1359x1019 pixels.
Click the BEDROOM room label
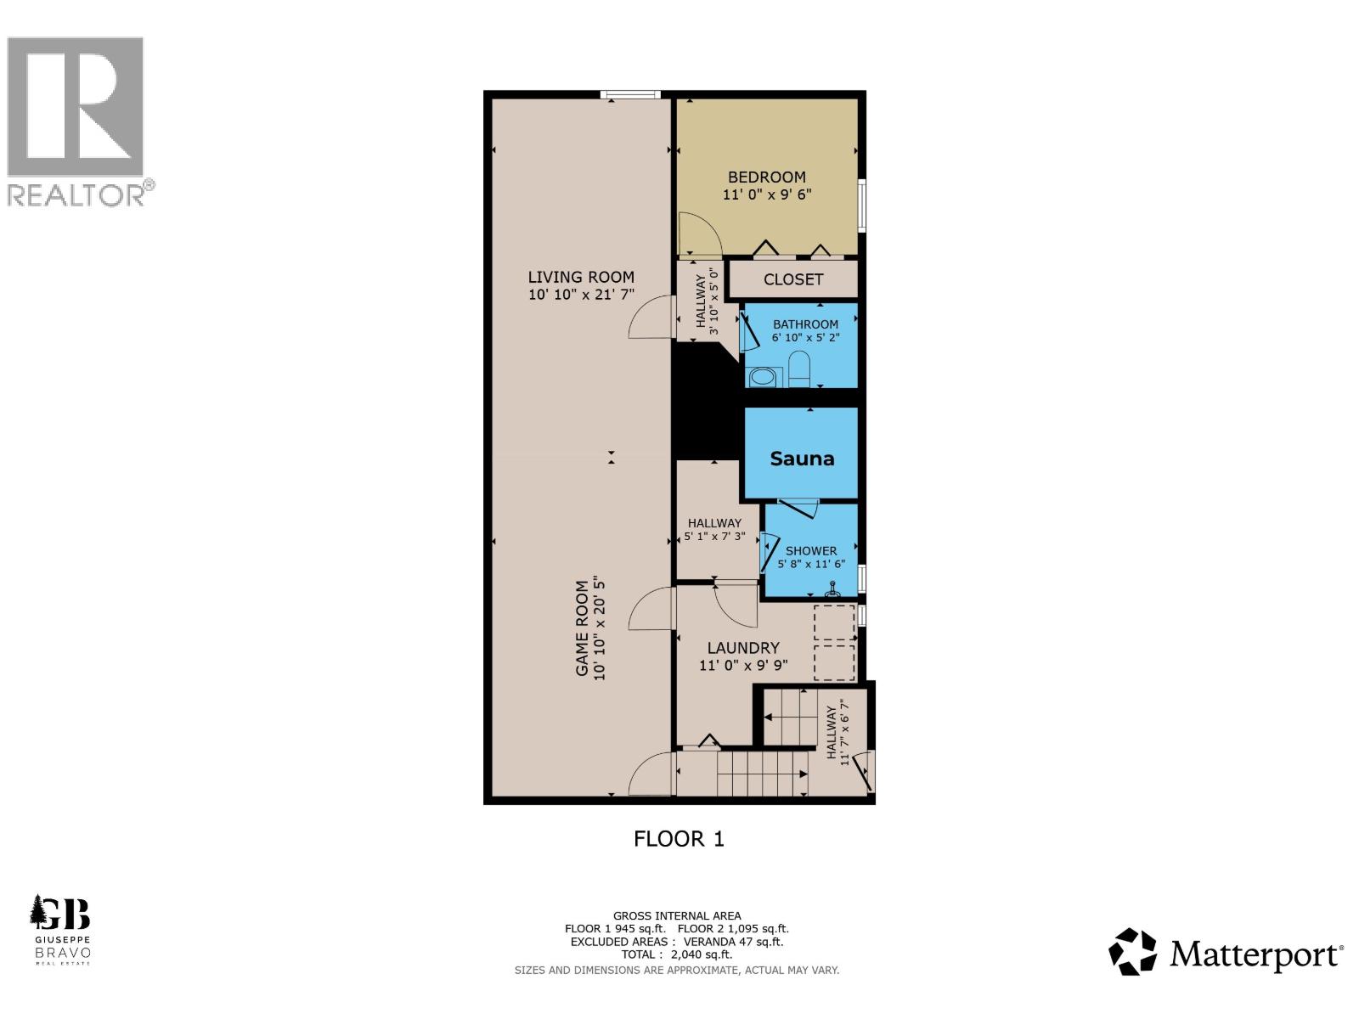pyautogui.click(x=766, y=177)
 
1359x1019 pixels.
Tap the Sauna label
pyautogui.click(x=802, y=459)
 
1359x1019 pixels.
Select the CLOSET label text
pyautogui.click(x=792, y=279)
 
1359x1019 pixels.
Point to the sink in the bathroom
pyautogui.click(x=763, y=376)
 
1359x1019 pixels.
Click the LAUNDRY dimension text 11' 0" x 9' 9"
pyautogui.click(x=743, y=666)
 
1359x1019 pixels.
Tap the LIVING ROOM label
pyautogui.click(x=581, y=277)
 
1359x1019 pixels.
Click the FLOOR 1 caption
pyautogui.click(x=679, y=839)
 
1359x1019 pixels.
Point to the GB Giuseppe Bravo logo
pyautogui.click(x=60, y=928)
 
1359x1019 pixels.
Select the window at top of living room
pyautogui.click(x=630, y=95)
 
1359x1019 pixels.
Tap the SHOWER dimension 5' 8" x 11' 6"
pyautogui.click(x=811, y=564)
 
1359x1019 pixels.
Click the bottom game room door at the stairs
pyautogui.click(x=651, y=774)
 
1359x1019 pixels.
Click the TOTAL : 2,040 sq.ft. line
pyautogui.click(x=676, y=954)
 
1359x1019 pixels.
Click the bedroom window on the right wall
pyautogui.click(x=861, y=204)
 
